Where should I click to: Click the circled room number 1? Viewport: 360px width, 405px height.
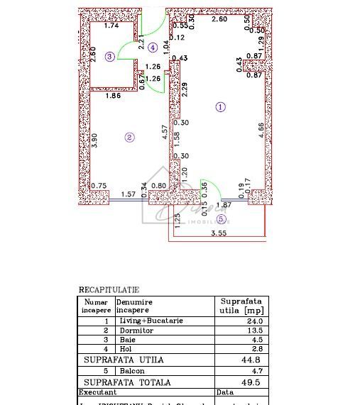[220, 107]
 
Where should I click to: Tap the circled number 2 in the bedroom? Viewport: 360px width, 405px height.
[129, 138]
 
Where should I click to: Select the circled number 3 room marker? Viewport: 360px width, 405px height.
[109, 57]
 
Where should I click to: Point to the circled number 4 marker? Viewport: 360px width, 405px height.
[153, 48]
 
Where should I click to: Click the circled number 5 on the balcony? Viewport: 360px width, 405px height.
[220, 218]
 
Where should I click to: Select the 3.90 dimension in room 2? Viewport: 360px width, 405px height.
[95, 140]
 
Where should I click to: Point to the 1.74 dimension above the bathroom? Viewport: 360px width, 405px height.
[111, 26]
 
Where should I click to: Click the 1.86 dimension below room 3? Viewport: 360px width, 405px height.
[112, 95]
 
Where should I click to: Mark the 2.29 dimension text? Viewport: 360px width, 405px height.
[184, 90]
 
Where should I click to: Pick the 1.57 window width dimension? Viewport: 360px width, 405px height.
[128, 194]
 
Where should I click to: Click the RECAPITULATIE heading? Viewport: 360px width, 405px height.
[109, 290]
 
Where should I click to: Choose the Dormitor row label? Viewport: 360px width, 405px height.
[131, 331]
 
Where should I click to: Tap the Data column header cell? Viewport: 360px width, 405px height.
[225, 392]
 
